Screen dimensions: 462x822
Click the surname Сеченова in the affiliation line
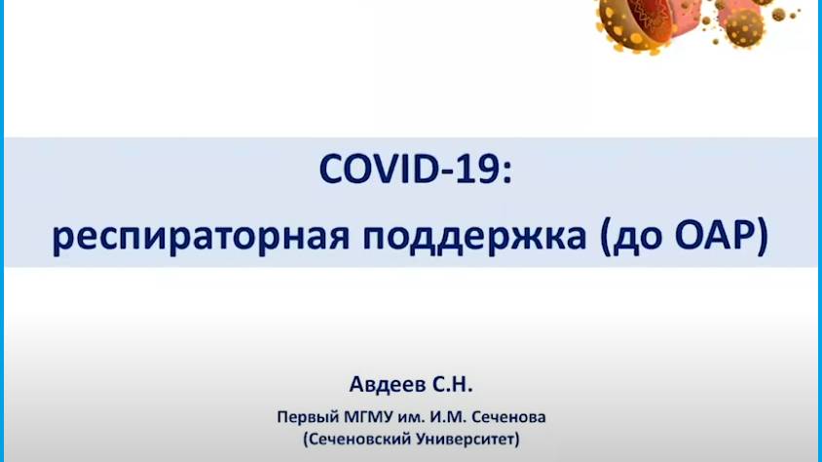(x=508, y=416)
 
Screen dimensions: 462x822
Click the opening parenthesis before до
(x=596, y=236)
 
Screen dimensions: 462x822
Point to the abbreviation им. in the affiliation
(x=405, y=416)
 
